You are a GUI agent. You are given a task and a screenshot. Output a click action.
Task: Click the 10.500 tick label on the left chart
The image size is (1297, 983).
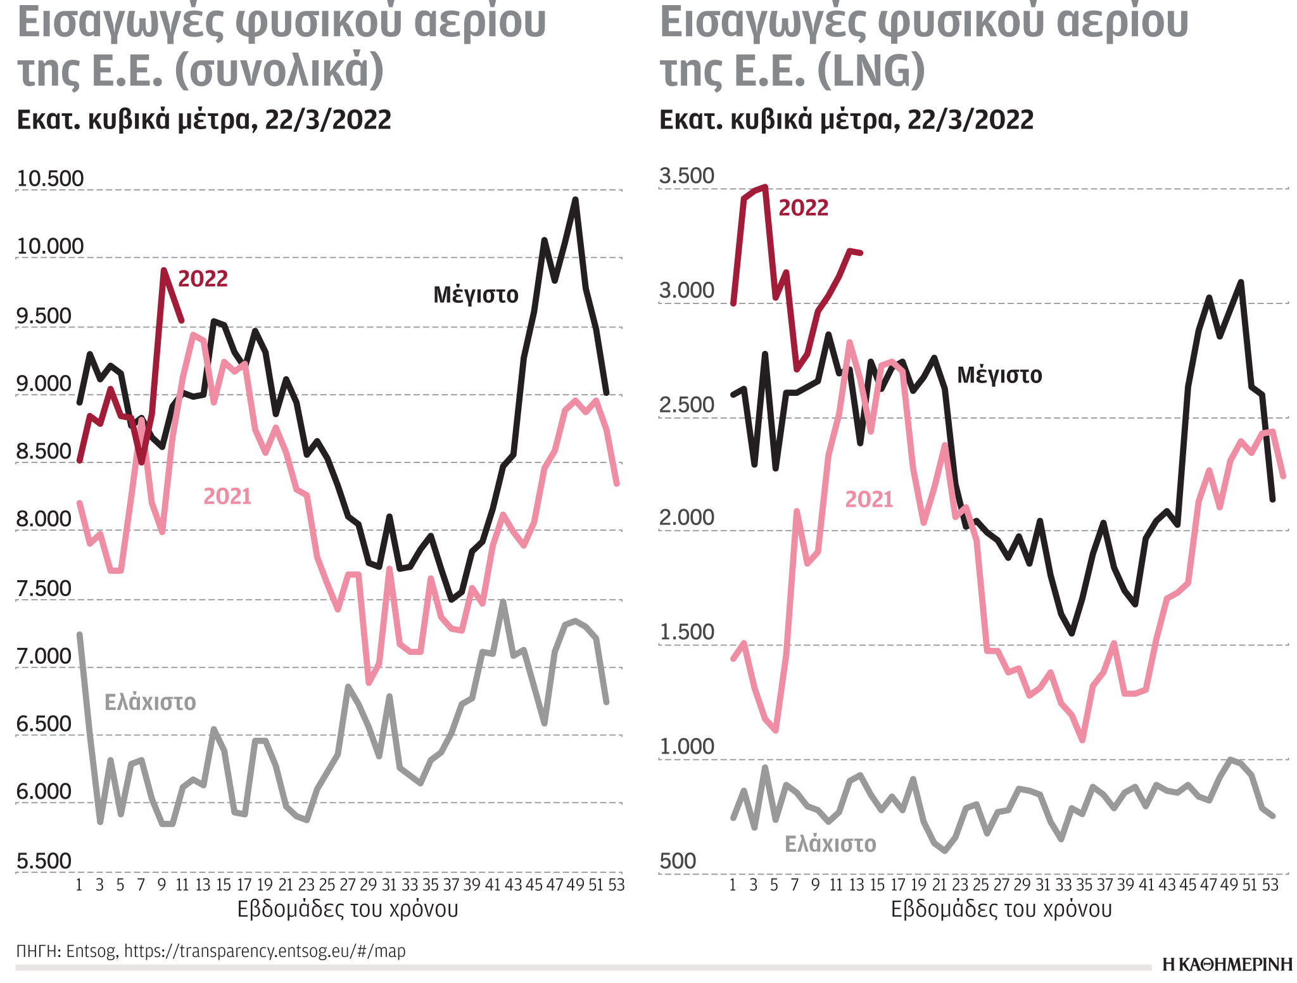[50, 179]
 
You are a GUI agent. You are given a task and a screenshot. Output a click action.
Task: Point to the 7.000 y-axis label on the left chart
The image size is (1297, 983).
[44, 656]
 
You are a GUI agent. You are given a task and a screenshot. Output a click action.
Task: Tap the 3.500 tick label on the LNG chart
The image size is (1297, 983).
[686, 175]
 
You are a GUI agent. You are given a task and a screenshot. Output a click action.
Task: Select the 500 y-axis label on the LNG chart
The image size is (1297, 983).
[678, 861]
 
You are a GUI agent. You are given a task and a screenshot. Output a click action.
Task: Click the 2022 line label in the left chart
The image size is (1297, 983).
[203, 279]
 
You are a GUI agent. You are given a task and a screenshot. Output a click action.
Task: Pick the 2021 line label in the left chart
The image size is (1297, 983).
[227, 496]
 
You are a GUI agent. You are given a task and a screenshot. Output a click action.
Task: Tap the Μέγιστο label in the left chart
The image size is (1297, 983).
[476, 295]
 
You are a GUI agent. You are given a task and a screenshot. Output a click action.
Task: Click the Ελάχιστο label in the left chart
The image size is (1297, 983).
[150, 702]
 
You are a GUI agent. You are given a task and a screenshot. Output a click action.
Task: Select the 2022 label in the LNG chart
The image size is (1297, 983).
[803, 208]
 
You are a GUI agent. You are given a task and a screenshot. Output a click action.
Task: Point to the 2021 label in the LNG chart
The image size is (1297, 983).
[869, 500]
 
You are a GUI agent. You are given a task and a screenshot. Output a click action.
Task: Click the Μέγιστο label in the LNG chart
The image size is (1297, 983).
[999, 375]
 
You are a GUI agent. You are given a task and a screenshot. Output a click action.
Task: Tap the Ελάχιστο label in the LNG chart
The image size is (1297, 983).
[830, 844]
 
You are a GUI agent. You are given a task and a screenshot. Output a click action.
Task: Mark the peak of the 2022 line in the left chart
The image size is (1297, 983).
[164, 270]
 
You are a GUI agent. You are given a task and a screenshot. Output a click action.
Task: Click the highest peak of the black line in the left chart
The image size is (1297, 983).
[575, 200]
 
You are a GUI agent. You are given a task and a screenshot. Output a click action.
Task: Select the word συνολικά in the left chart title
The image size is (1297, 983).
[279, 71]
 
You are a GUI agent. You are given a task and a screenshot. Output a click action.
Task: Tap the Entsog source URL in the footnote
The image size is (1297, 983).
[265, 951]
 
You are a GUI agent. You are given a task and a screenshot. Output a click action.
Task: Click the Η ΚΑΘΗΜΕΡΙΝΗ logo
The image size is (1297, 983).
[1227, 965]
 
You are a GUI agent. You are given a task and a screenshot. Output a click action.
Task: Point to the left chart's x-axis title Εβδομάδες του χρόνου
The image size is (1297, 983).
[348, 910]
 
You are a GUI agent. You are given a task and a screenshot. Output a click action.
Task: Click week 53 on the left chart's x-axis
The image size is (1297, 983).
[616, 884]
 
